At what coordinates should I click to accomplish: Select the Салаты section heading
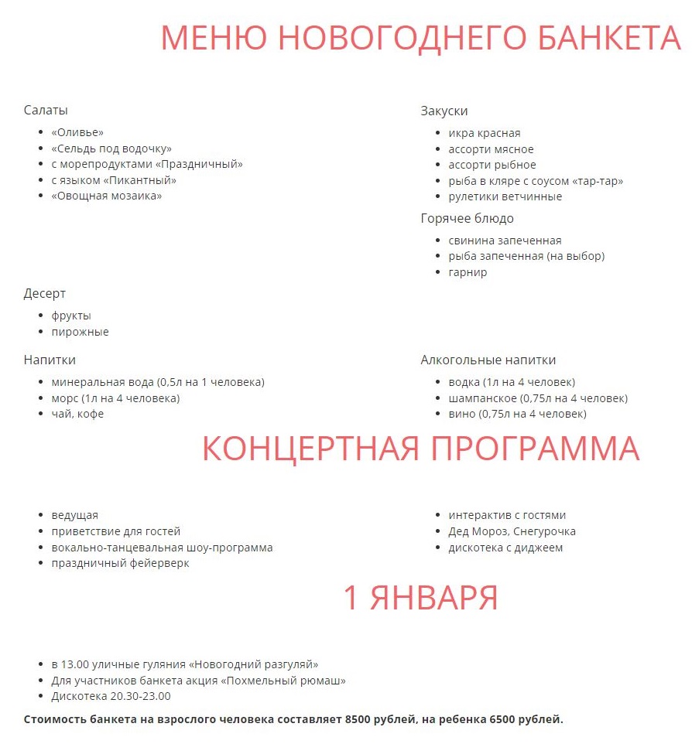(46, 111)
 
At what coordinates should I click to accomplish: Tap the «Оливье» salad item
(77, 132)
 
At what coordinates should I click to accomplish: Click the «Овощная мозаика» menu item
(107, 196)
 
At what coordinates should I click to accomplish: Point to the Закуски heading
(444, 111)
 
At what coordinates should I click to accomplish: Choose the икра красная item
(485, 133)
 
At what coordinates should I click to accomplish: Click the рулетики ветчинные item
(505, 196)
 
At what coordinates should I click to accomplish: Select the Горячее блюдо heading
(468, 218)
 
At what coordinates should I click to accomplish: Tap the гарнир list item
(468, 272)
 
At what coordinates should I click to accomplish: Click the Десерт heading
(45, 294)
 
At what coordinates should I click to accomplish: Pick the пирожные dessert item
(81, 332)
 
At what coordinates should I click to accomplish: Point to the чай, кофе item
(77, 414)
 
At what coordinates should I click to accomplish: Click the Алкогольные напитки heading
(488, 360)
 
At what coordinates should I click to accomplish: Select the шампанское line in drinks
(482, 398)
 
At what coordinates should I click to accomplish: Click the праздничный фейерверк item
(121, 563)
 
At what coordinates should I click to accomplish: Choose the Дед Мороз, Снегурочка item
(512, 531)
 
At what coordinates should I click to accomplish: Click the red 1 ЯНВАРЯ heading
(420, 598)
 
